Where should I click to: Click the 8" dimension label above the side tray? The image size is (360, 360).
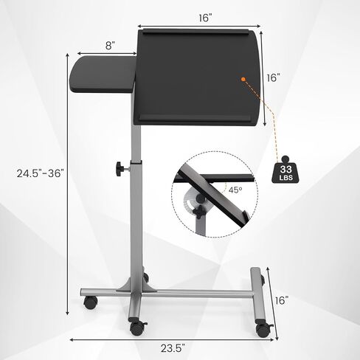tap(110, 46)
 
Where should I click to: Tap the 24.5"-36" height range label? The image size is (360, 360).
tap(41, 173)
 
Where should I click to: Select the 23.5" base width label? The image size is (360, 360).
tap(173, 348)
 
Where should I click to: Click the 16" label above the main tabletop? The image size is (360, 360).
tap(205, 18)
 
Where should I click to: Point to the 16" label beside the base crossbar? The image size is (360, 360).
tap(282, 300)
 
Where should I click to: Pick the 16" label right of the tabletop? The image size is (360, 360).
tap(274, 78)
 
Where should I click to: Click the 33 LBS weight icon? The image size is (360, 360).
tap(285, 170)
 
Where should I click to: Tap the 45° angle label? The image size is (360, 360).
tap(235, 190)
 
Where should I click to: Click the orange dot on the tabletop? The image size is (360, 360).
tap(243, 79)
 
